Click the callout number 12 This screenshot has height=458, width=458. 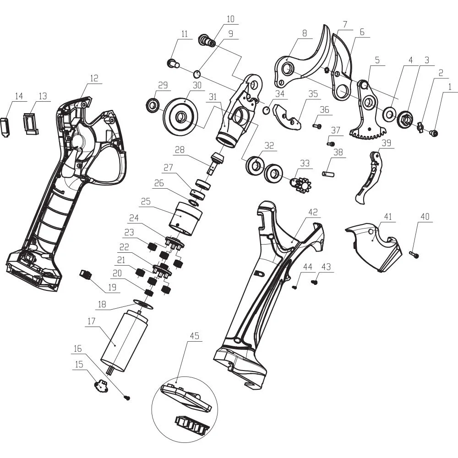[x=94, y=78]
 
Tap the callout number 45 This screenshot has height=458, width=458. [x=195, y=336]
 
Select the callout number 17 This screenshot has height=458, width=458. [x=92, y=321]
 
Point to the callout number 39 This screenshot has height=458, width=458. [x=387, y=143]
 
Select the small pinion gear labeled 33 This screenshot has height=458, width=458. [x=300, y=184]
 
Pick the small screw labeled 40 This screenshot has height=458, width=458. [x=414, y=255]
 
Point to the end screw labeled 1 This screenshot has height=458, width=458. [x=434, y=133]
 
